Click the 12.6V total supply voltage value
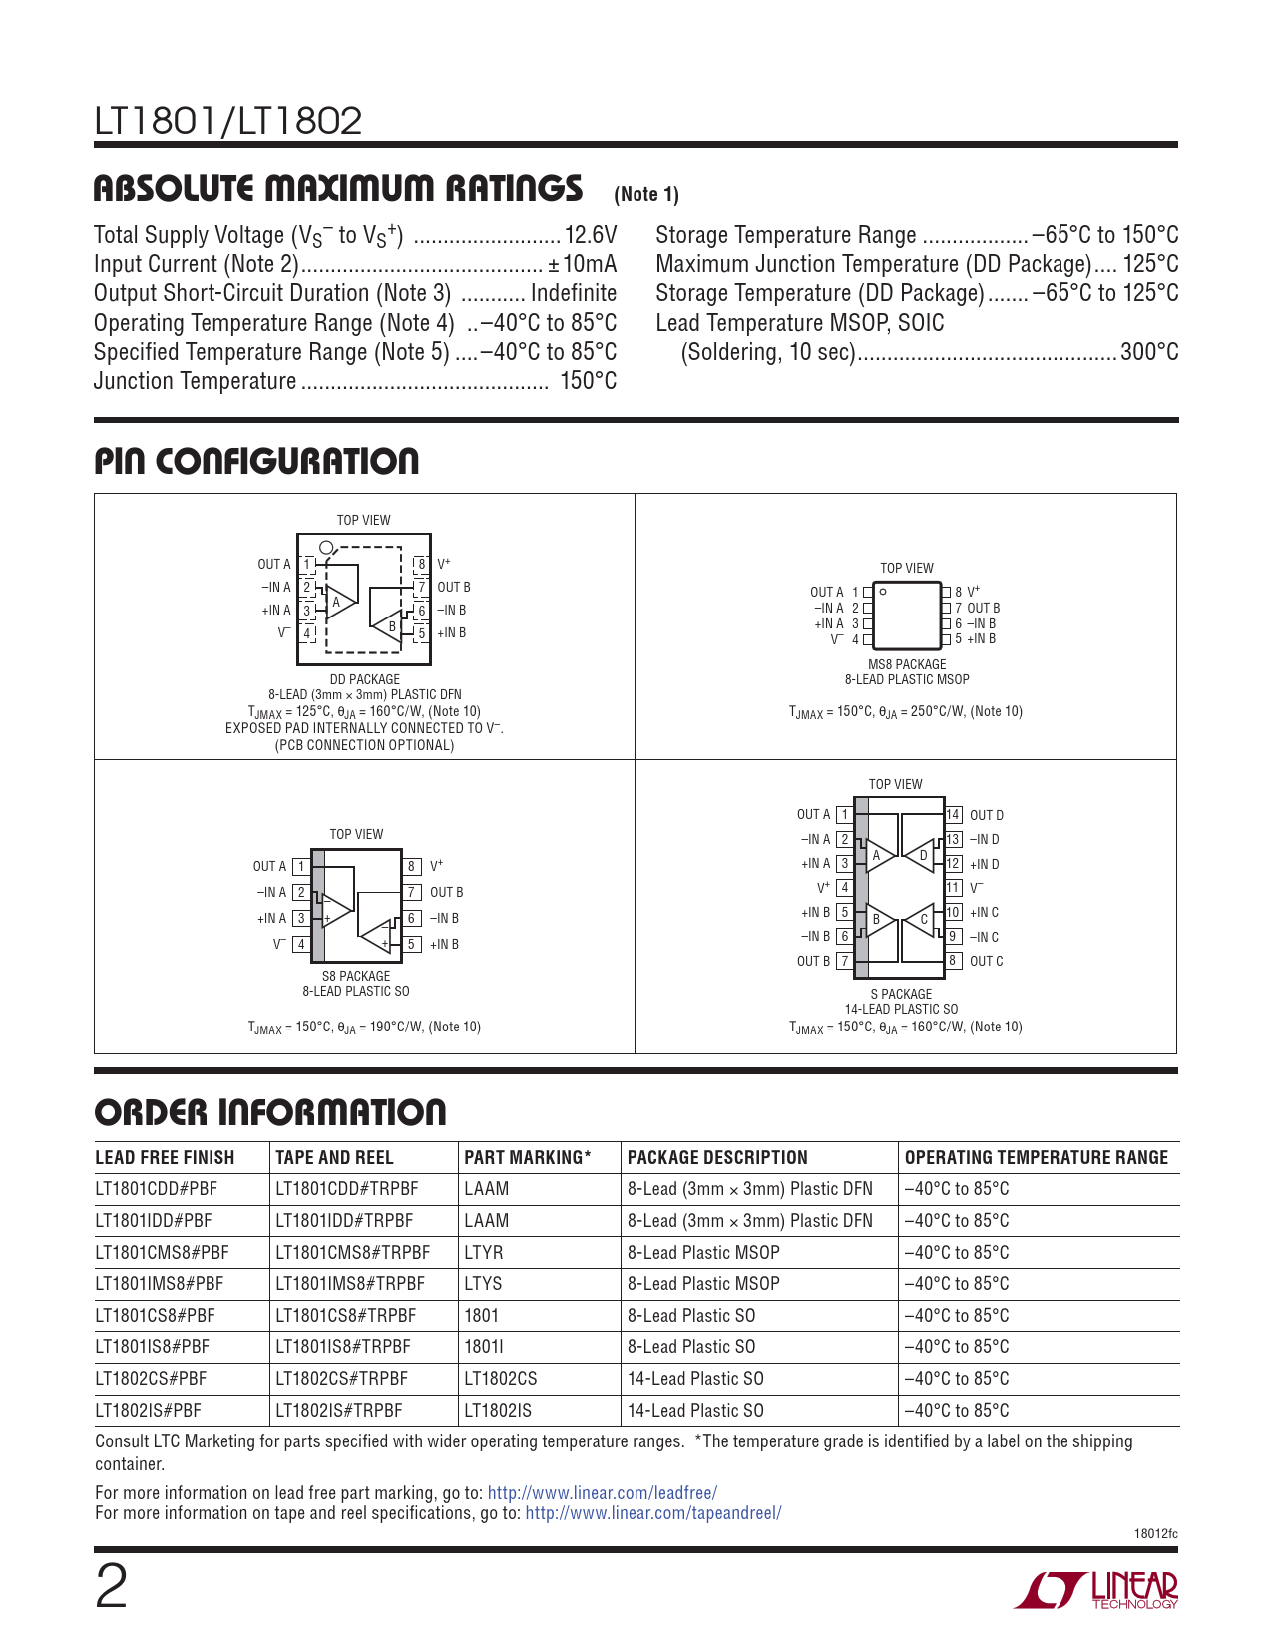591,235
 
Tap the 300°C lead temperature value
1149,352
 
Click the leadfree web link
602,1493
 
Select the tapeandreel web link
652,1513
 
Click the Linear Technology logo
1096,1590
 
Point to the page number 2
111,1587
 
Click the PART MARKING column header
527,1158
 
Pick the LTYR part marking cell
484,1252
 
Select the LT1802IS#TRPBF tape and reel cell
339,1411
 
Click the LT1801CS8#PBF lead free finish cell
155,1316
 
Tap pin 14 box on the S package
953,815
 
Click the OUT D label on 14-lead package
987,815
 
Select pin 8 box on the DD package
422,564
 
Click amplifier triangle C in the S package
921,919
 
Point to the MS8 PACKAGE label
907,664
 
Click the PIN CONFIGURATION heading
256,461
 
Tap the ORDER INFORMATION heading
270,1113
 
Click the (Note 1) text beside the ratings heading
646,194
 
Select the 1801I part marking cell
484,1347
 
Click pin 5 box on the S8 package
411,944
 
